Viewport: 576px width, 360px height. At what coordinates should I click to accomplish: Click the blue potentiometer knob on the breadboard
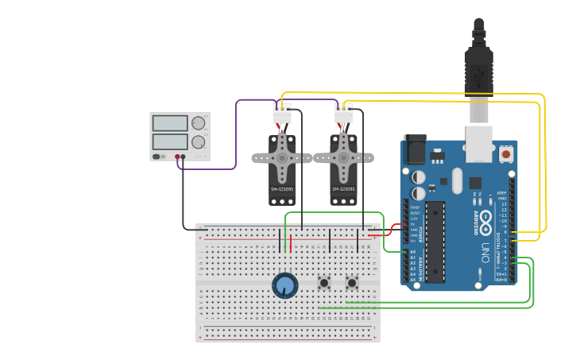284,285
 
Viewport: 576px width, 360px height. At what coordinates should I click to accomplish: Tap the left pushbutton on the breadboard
324,282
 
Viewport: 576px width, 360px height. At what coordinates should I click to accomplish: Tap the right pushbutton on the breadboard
352,282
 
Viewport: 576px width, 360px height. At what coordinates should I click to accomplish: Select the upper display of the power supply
169,123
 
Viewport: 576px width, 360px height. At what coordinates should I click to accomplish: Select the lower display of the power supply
169,141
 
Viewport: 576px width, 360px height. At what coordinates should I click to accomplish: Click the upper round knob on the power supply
198,123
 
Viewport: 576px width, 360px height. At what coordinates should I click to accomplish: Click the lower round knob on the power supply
198,142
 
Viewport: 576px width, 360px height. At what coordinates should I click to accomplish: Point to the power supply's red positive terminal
177,157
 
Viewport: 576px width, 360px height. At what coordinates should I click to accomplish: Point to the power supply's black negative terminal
184,157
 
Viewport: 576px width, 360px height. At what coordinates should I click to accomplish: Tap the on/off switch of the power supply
158,157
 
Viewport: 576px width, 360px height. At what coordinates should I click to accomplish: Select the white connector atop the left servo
282,116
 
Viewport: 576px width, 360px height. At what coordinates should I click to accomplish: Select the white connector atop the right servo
343,116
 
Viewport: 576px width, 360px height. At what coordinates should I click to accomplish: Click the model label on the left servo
281,189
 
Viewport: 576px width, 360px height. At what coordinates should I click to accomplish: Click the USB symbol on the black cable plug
478,77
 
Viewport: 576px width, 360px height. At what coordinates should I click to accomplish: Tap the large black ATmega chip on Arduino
435,242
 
